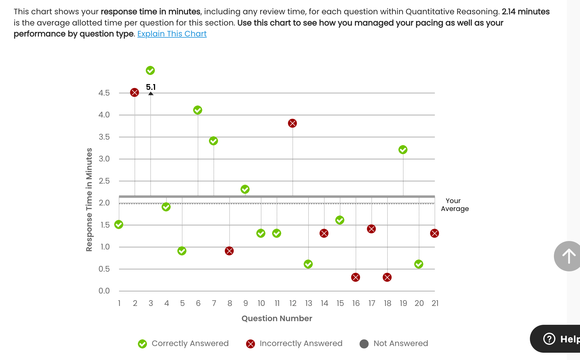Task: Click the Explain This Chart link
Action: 172,34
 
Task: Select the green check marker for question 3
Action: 150,70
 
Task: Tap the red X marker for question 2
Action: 135,92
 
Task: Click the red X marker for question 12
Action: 292,123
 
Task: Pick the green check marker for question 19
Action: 403,150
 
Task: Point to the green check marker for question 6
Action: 198,110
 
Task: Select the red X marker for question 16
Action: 356,277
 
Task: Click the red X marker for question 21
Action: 435,233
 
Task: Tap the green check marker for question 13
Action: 308,264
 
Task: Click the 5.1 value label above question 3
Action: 151,87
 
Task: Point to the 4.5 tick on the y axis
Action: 104,93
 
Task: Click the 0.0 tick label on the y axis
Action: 104,291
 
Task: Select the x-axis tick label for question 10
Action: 261,303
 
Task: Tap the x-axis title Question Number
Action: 277,318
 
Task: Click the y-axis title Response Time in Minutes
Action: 89,200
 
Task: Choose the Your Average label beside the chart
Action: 455,205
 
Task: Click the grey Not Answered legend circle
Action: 364,344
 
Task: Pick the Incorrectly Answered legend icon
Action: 251,344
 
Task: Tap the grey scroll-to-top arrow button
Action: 568,256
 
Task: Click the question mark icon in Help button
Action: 549,339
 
